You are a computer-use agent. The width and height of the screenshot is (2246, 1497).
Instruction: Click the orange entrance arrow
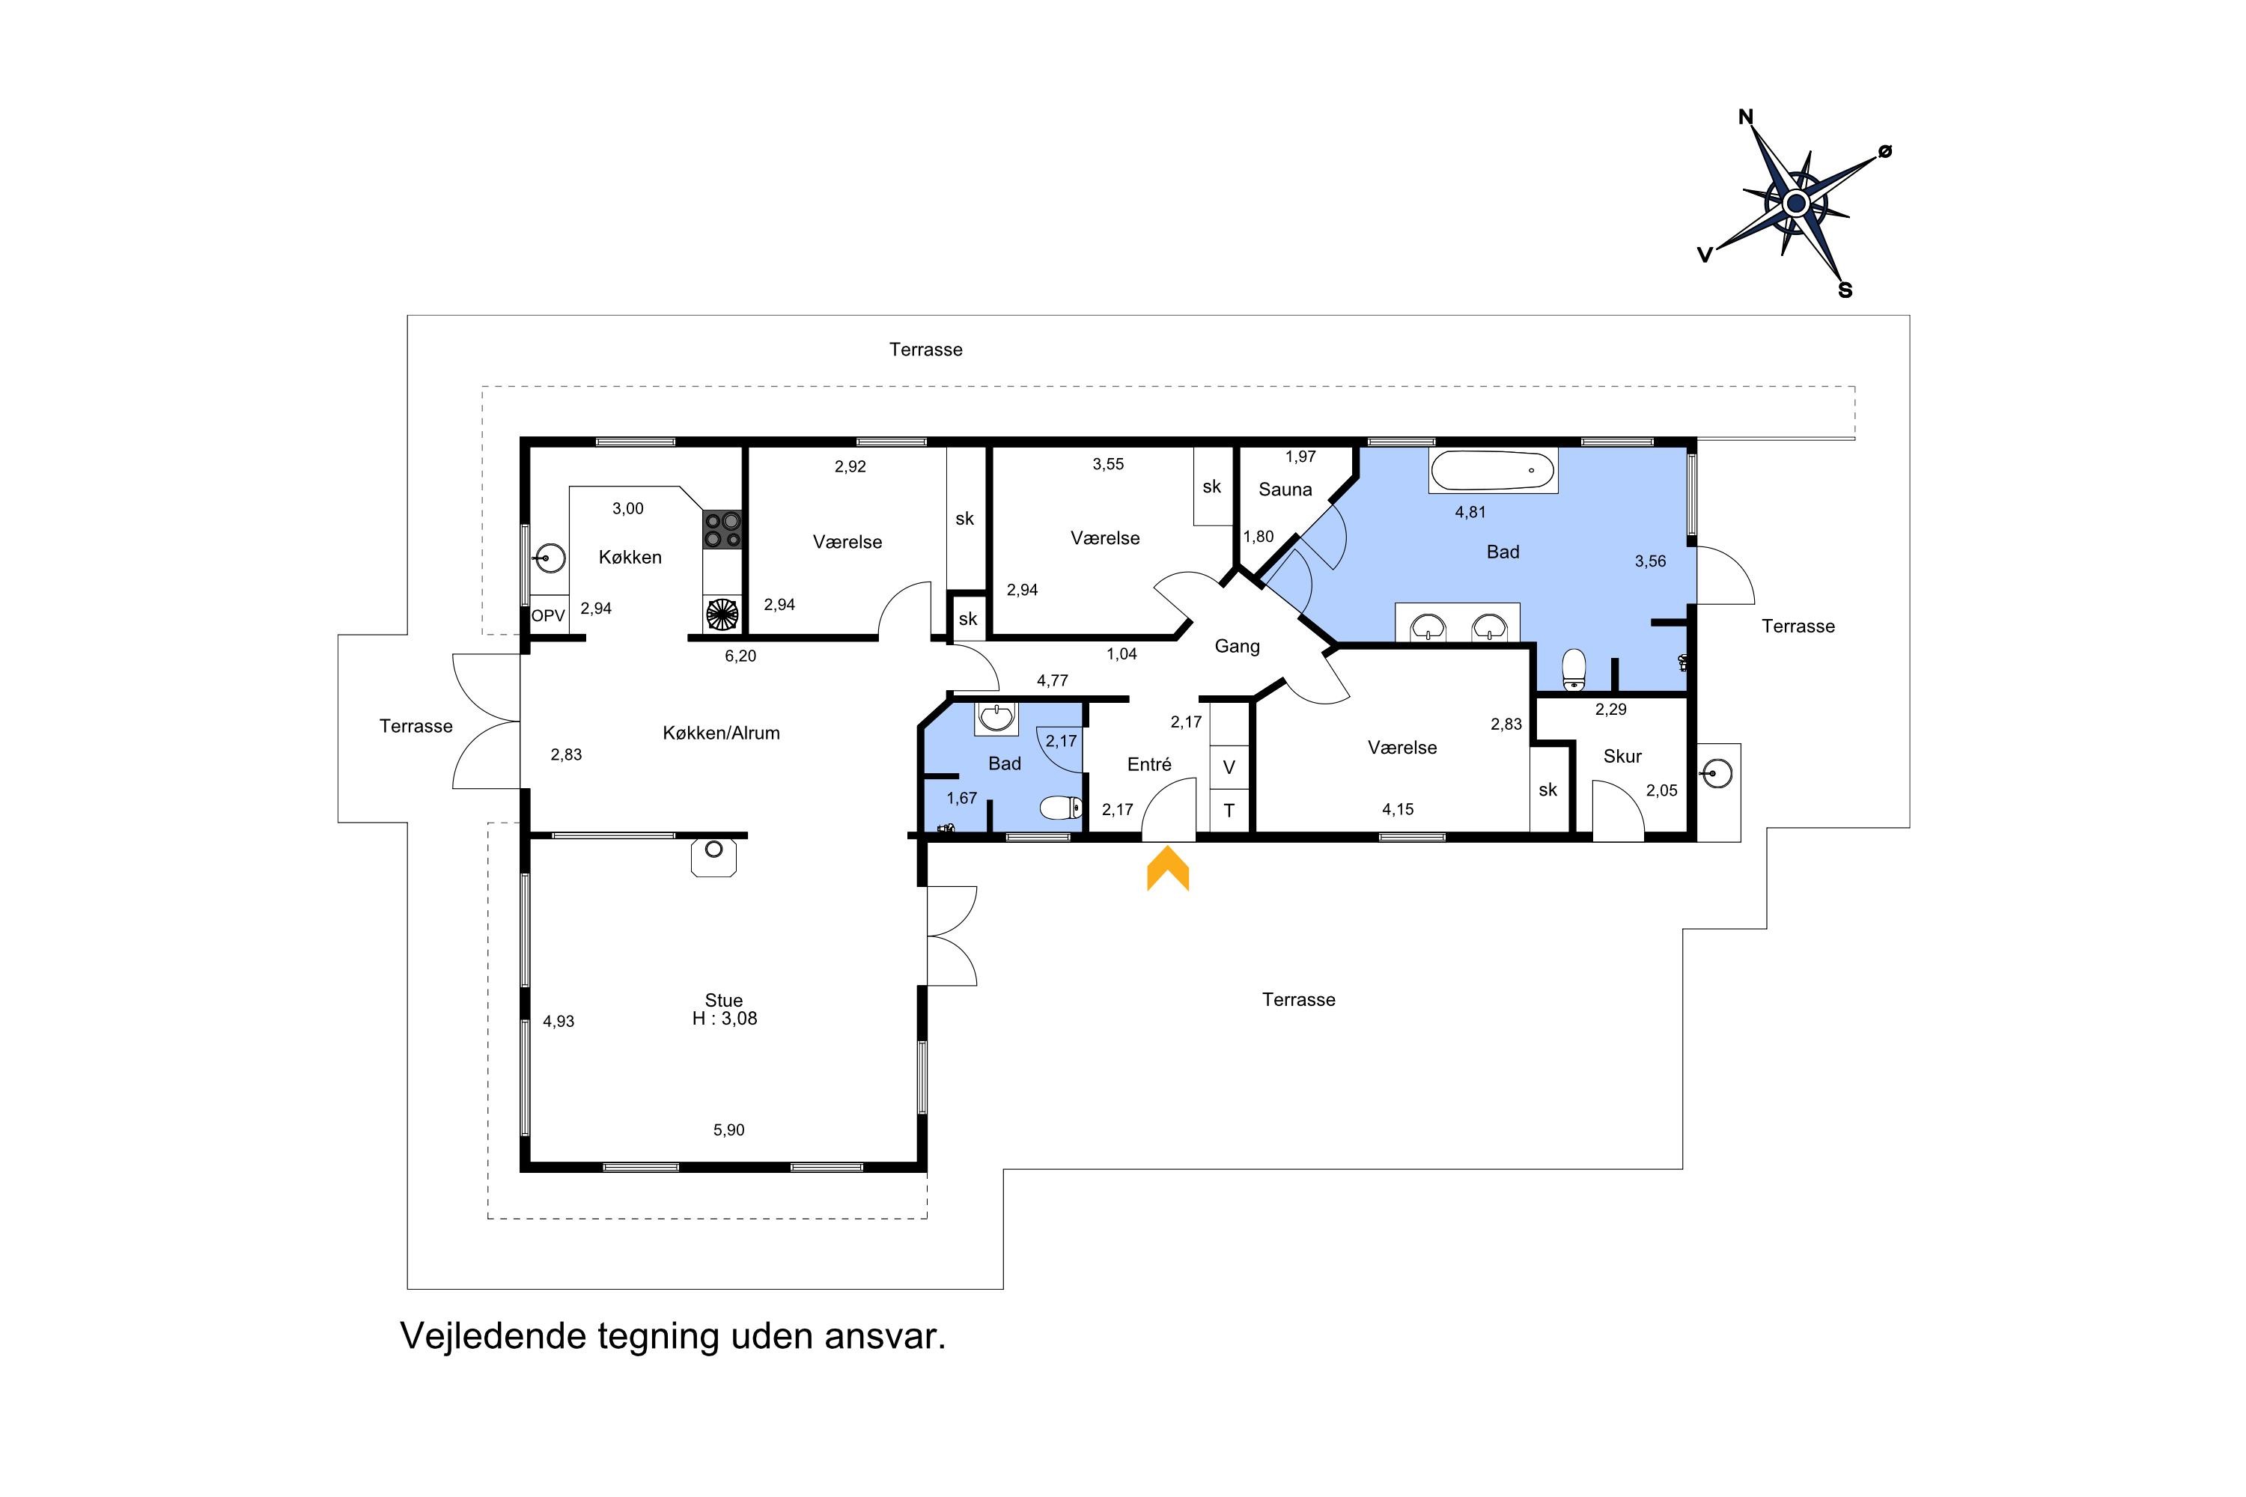coord(1168,870)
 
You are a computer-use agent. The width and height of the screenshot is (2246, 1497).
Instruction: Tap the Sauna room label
coord(1285,490)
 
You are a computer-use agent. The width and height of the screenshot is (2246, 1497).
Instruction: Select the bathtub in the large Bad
coord(1493,471)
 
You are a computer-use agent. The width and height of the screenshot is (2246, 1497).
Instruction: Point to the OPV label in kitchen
coord(548,616)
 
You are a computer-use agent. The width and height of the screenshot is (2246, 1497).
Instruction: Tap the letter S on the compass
coord(1845,290)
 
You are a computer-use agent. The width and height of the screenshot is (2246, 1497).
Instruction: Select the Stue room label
coord(724,1001)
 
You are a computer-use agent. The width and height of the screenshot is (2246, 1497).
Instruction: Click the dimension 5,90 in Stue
coord(728,1130)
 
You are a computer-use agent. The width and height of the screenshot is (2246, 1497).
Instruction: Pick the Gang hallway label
coord(1238,647)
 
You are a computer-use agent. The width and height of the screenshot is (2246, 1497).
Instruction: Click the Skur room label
coord(1622,756)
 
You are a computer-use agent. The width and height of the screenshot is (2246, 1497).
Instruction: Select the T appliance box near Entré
coord(1229,811)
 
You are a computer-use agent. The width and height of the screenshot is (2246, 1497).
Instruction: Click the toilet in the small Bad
coord(1061,808)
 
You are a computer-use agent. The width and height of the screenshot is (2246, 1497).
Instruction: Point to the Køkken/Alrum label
coord(721,734)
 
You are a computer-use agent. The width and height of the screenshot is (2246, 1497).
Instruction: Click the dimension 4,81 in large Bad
coord(1470,513)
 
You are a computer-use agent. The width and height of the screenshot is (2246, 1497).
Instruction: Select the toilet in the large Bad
coord(1574,669)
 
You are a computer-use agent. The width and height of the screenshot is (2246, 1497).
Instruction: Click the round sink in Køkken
coord(551,558)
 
